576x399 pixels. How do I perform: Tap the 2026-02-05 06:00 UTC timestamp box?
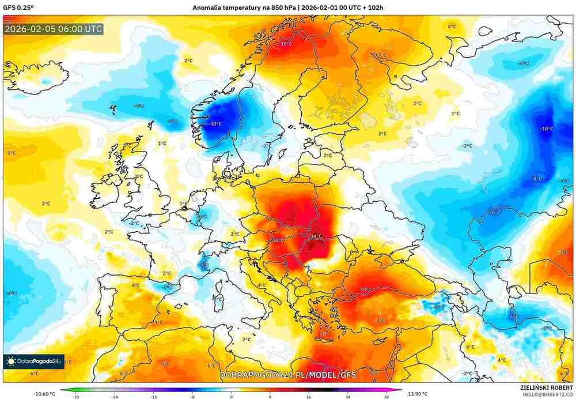coord(53,28)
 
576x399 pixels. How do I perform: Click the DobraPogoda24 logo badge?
coord(33,362)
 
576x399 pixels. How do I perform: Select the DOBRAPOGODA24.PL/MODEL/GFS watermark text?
coord(288,375)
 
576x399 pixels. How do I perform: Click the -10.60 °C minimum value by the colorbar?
coord(44,394)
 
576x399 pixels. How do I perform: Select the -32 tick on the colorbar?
coord(75,397)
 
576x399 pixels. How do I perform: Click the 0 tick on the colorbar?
coord(231,397)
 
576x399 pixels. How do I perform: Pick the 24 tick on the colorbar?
coord(347,397)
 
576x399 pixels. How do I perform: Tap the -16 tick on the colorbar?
coord(153,397)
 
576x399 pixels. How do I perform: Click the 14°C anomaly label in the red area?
coord(316,236)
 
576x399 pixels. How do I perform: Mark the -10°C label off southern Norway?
coord(215,124)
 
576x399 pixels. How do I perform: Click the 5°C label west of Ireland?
coord(12,153)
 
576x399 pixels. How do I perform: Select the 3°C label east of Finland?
coord(416,103)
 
